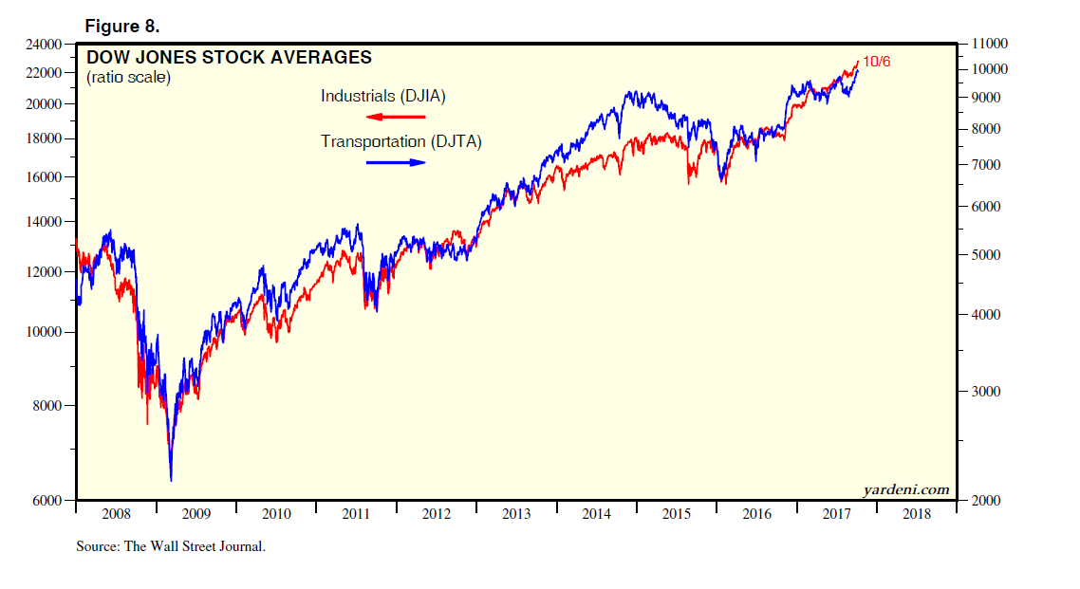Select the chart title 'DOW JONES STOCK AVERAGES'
(229, 58)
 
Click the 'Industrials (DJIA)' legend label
(382, 97)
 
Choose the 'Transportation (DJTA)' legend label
(400, 142)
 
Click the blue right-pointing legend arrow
(395, 162)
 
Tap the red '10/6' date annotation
(876, 62)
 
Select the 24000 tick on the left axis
(44, 45)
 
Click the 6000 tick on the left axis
(47, 501)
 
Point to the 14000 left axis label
(44, 222)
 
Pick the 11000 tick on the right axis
(986, 45)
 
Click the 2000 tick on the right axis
(982, 501)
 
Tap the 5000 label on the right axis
(982, 255)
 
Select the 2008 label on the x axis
(116, 515)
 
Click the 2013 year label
(516, 515)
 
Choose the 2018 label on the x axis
(917, 515)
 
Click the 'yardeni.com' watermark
(906, 489)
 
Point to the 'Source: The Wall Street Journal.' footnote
(171, 546)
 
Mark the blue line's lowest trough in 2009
(171, 481)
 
